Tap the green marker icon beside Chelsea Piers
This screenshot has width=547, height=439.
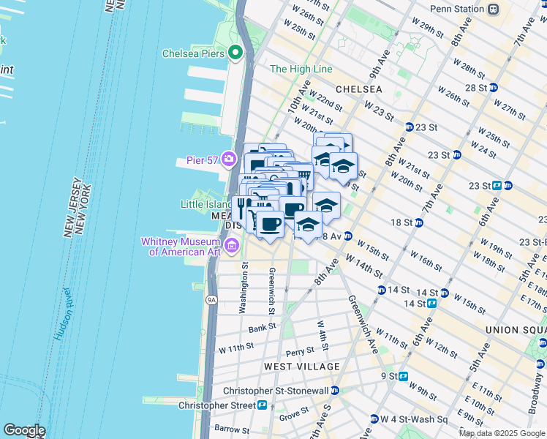pos(235,52)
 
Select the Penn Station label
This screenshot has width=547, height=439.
pos(457,9)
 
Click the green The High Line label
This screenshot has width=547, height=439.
pos(301,70)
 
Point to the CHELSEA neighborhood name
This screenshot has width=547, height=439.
pos(358,89)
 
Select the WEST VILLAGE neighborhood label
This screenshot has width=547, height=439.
pos(301,366)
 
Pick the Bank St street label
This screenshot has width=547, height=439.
pos(261,329)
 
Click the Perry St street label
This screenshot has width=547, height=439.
pos(300,352)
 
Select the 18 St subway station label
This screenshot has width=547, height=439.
pos(401,222)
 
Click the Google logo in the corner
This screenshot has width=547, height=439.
pos(24,430)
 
